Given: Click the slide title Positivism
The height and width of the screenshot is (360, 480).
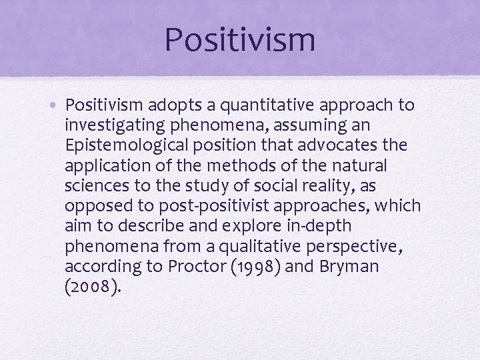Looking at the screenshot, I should tap(239, 39).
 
